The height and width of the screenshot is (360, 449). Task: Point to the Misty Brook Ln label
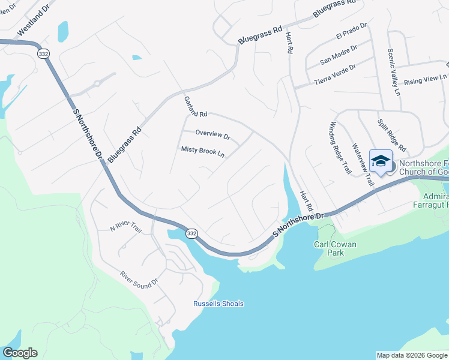tap(203, 151)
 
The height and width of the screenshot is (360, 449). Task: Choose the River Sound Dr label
tap(139, 277)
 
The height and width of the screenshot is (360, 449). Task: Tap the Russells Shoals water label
tap(218, 304)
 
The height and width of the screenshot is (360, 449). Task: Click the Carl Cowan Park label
tap(335, 249)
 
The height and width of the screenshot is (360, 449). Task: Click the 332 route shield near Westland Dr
tap(43, 53)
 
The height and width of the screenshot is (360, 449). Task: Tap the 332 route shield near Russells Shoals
tap(191, 233)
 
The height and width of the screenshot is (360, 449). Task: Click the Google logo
tap(20, 353)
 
